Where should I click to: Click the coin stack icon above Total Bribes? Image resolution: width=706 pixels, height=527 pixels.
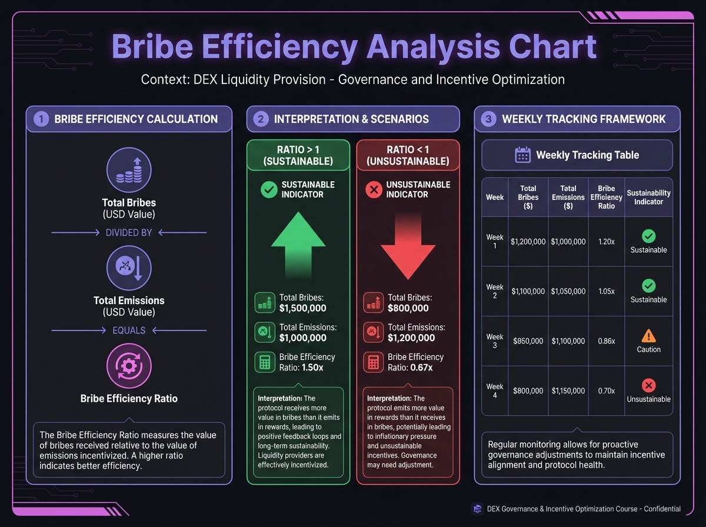129,170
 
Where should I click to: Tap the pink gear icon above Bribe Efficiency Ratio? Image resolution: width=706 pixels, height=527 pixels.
129,365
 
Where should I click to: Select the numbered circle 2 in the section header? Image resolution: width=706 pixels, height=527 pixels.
261,119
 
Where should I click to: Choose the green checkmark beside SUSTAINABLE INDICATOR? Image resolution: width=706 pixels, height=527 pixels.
269,189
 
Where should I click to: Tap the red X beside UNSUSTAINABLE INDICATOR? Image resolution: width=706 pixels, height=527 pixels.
374,189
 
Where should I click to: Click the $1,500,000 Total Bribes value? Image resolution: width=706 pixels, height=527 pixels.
302,308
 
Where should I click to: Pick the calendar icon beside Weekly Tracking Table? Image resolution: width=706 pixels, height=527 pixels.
522,155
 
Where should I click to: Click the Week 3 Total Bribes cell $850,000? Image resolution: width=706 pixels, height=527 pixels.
528,341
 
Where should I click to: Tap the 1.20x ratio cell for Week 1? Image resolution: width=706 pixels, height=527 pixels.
606,242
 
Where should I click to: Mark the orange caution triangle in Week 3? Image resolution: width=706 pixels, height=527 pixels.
648,336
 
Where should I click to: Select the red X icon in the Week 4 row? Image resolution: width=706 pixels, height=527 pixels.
648,386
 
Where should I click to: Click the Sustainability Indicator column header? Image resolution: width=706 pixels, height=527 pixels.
648,197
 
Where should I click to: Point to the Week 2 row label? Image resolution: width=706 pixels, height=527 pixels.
495,291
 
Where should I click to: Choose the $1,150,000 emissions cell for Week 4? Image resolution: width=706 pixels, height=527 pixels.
568,391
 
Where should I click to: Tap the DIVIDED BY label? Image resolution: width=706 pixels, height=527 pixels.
129,233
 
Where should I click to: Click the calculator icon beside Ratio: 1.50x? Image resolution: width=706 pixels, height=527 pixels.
265,362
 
